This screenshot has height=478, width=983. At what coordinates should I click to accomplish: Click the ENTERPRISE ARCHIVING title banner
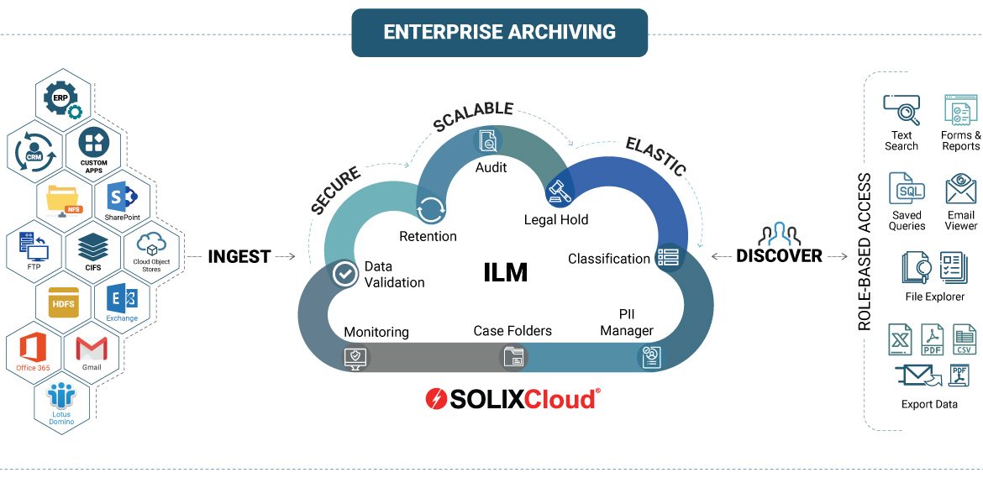(x=499, y=33)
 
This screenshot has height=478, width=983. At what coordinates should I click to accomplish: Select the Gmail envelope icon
(x=92, y=349)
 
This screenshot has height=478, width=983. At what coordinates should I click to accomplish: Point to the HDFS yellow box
(x=63, y=302)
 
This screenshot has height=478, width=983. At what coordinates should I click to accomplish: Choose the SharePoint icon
(x=122, y=199)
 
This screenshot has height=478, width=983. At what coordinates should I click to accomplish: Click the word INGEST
(x=239, y=256)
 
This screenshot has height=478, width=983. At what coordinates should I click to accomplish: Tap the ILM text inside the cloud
(x=506, y=272)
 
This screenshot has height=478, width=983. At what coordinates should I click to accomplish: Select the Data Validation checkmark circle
(x=344, y=273)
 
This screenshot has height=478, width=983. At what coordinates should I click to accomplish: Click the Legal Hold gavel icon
(x=559, y=192)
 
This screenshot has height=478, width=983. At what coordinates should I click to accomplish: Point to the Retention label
(x=428, y=236)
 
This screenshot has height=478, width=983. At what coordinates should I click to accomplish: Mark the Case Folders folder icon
(x=513, y=357)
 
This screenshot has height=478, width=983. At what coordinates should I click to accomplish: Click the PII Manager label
(x=627, y=323)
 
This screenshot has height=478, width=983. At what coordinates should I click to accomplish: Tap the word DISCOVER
(x=779, y=256)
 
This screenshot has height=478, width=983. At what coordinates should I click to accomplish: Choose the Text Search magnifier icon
(x=902, y=110)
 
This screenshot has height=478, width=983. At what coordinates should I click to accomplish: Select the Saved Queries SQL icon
(x=907, y=190)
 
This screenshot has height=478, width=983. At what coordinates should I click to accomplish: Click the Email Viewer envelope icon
(x=960, y=190)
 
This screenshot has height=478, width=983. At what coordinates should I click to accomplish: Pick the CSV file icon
(x=965, y=339)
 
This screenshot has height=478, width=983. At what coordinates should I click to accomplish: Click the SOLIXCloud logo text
(x=512, y=399)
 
